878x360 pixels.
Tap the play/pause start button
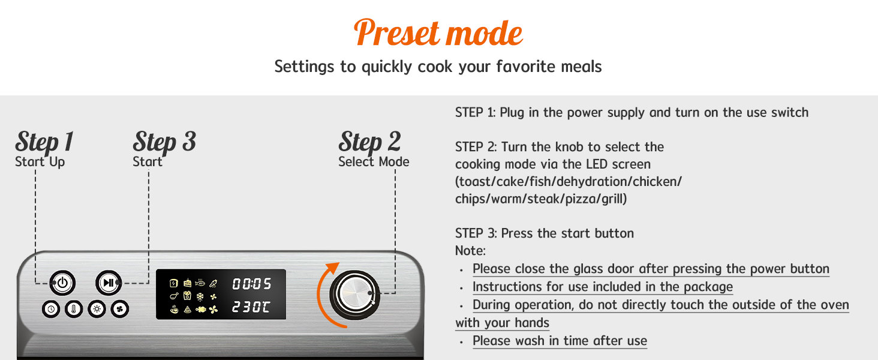[109, 283]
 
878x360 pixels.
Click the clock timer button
[51, 309]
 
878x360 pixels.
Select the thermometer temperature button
[74, 309]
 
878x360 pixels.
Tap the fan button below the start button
[119, 309]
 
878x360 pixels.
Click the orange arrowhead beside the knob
[333, 268]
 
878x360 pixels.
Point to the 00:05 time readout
[252, 284]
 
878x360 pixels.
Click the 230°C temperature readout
[251, 307]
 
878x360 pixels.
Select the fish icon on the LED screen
[200, 283]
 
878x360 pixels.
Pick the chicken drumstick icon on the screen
[174, 296]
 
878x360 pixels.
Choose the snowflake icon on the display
[200, 296]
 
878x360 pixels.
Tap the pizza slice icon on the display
[187, 310]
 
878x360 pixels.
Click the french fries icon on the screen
[187, 296]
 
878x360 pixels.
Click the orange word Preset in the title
[396, 32]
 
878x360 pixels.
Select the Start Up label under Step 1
[40, 161]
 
